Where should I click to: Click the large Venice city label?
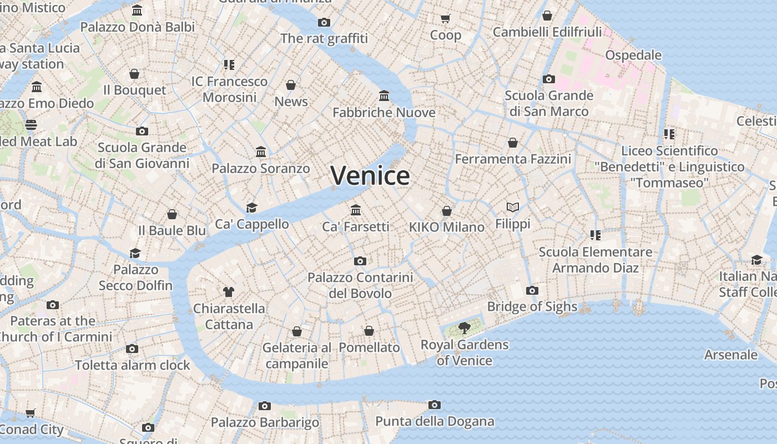click(370, 176)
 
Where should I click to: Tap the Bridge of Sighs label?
click(532, 306)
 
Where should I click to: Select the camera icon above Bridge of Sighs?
click(532, 290)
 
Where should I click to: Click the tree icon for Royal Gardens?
click(465, 328)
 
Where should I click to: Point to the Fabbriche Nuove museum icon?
click(384, 96)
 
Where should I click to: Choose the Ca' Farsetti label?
click(356, 226)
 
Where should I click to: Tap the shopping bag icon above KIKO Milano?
click(447, 211)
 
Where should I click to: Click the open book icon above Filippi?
click(513, 208)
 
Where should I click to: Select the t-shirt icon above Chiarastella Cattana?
click(229, 291)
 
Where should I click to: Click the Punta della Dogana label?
click(435, 421)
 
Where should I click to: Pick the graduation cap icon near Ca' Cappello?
click(252, 208)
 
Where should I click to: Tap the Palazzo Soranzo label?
click(261, 168)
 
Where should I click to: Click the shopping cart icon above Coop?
click(446, 19)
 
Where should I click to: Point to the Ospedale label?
click(633, 55)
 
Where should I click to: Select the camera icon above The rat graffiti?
click(324, 22)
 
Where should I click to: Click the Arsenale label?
click(730, 354)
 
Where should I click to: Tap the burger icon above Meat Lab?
click(31, 125)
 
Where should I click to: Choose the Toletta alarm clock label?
click(132, 365)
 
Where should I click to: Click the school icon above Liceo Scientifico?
click(669, 134)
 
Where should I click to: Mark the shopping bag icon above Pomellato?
click(369, 331)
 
